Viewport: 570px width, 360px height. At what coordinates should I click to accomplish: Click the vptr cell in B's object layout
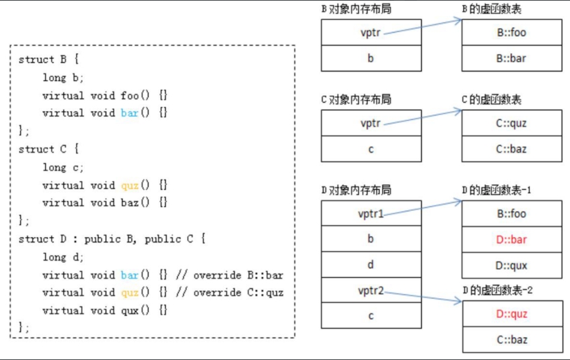(x=371, y=32)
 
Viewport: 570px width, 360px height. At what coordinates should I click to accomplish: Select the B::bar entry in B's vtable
(x=511, y=58)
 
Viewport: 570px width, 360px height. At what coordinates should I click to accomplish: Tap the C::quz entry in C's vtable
(x=511, y=123)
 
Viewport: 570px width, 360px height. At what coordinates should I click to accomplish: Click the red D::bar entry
(x=511, y=240)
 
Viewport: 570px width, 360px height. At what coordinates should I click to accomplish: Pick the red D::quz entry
(x=511, y=314)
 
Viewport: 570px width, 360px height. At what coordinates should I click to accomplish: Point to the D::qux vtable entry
(x=511, y=265)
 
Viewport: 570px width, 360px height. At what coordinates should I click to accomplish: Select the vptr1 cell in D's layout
(x=371, y=214)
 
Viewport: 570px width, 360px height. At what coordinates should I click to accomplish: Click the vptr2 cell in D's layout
(x=371, y=290)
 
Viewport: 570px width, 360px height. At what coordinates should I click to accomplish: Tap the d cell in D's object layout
(x=371, y=265)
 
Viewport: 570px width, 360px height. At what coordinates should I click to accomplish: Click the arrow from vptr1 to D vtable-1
(x=421, y=208)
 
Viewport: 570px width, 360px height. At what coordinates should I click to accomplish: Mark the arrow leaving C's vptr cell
(x=421, y=117)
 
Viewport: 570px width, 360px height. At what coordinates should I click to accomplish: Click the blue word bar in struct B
(x=130, y=113)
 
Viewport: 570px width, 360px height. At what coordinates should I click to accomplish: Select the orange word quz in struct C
(x=130, y=185)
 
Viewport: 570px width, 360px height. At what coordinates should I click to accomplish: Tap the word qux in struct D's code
(x=130, y=310)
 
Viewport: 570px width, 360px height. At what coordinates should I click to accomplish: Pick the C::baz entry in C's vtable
(x=511, y=148)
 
